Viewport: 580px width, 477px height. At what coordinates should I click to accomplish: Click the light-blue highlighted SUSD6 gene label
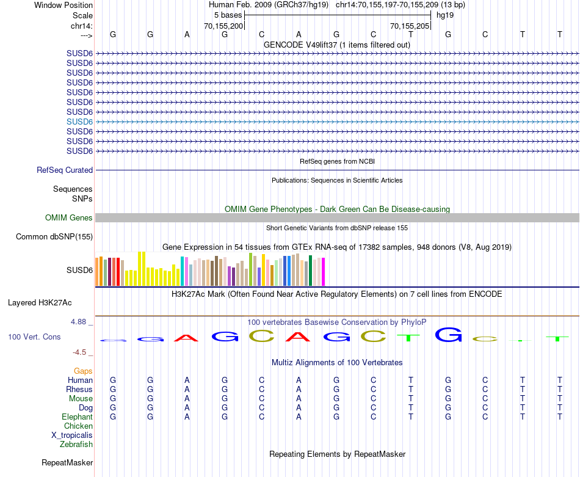[79, 122]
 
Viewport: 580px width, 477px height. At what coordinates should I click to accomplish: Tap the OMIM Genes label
[69, 218]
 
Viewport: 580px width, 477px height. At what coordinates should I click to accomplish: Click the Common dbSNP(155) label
[54, 237]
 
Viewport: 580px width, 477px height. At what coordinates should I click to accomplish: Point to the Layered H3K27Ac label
[40, 302]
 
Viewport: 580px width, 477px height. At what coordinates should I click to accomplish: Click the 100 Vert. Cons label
[34, 337]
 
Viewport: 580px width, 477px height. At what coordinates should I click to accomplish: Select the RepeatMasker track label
[67, 463]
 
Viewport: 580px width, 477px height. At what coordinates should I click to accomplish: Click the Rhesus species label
[80, 390]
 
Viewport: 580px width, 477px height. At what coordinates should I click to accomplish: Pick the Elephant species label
[78, 417]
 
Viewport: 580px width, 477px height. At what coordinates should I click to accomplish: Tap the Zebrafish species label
[76, 445]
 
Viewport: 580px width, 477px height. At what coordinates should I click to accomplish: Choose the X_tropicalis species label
[72, 435]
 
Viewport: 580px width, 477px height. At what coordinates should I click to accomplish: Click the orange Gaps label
[83, 371]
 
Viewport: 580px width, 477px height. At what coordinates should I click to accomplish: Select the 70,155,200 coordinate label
[223, 26]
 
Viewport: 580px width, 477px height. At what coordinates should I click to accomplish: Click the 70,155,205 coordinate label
[410, 26]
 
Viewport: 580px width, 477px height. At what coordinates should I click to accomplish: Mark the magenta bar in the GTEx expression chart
[323, 271]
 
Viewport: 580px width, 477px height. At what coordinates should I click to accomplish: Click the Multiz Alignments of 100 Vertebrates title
[337, 363]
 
